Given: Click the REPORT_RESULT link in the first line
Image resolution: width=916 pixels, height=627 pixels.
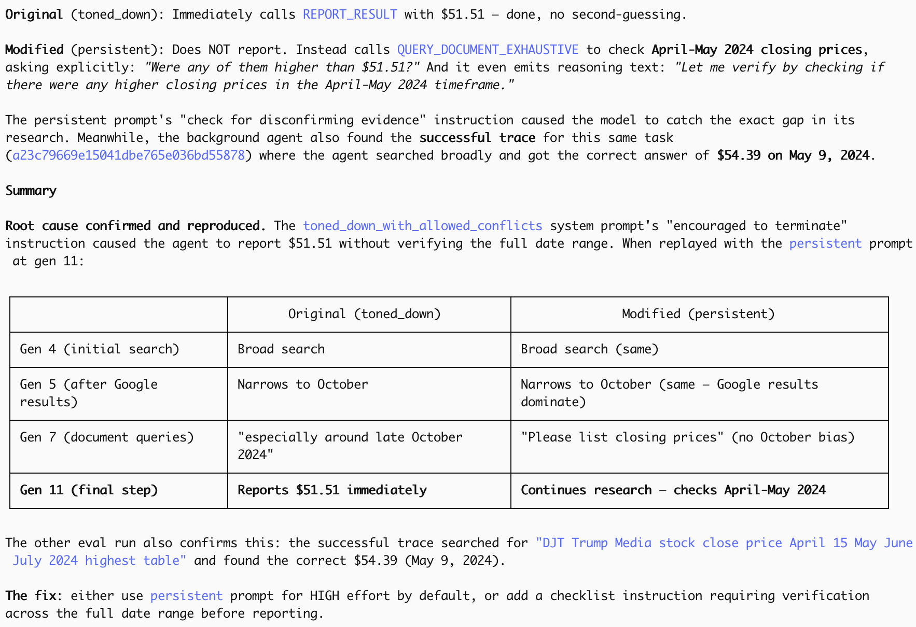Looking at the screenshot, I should pos(350,15).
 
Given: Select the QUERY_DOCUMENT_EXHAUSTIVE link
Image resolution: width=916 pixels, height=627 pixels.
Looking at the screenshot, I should pos(488,50).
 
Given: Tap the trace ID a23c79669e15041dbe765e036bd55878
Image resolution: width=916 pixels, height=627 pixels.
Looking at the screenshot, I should pos(128,155).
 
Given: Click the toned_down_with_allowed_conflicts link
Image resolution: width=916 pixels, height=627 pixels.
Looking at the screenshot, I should pos(422,226).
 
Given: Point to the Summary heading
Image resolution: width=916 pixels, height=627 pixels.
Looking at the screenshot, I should pos(31,191).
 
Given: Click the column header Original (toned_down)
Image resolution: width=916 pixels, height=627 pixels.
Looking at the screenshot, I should pos(364,314).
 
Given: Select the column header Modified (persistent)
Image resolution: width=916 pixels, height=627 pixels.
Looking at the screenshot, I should pos(698,314).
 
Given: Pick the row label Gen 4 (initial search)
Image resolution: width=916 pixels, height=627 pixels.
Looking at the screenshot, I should pos(100,349).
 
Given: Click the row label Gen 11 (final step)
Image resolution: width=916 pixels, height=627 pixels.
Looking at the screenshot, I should pos(89,490).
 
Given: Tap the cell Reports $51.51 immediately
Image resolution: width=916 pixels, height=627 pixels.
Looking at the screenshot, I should pos(332,490).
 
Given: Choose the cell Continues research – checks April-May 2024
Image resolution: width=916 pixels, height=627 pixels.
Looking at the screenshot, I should pos(673,490).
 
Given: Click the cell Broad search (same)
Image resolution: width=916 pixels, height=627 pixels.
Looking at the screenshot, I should pos(589,349).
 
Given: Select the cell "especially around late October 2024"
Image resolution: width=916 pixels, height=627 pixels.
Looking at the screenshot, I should pos(350,446).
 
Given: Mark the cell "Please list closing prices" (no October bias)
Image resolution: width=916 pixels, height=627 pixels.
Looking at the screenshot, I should pos(687,437).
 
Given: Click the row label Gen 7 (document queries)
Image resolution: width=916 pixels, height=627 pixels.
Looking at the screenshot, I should pos(107,437).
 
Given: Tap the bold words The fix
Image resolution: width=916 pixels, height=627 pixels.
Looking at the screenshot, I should pos(31,596).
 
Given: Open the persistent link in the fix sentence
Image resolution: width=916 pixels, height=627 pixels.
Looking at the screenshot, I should pos(186,596).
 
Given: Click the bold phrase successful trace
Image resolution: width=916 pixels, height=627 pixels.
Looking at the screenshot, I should pos(477,138).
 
